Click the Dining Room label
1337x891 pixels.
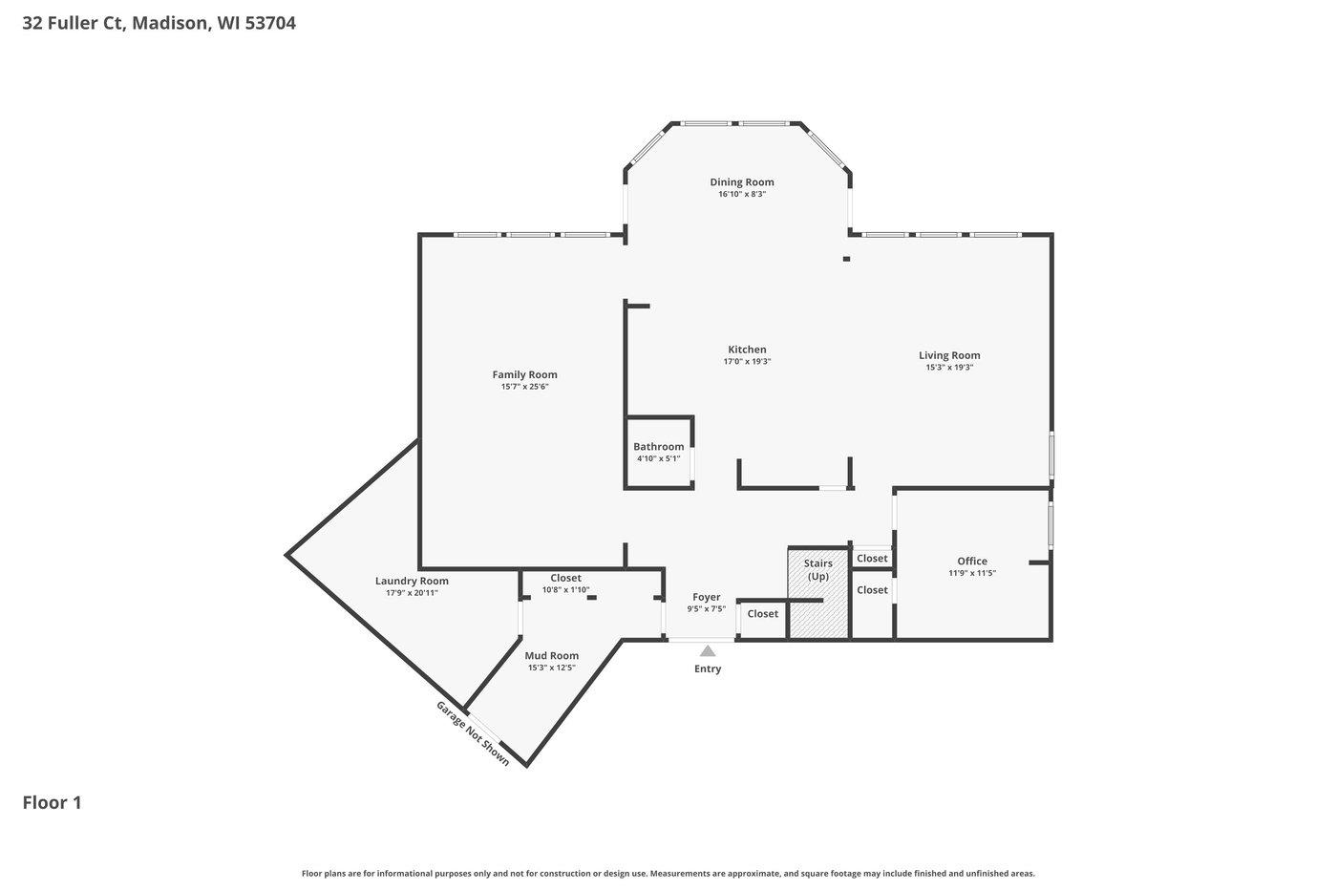coord(741,182)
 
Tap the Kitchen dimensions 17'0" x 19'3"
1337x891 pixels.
coord(747,362)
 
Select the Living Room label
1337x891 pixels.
coord(949,355)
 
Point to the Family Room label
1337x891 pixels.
coord(524,374)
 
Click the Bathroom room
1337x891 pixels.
coord(659,453)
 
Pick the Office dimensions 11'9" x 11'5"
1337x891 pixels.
coord(972,573)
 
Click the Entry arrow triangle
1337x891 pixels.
coord(708,650)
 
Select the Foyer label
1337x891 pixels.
coord(707,597)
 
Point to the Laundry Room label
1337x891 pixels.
coord(412,581)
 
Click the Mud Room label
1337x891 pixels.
coord(552,655)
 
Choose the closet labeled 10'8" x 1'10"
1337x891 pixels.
coord(566,583)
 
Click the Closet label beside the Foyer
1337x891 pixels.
coord(762,614)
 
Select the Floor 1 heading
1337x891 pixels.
coord(52,802)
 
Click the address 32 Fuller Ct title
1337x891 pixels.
coord(159,23)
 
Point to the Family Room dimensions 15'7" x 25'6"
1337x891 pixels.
coord(524,387)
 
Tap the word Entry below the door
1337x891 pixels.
coord(708,669)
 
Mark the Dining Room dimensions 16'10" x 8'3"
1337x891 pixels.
coord(742,194)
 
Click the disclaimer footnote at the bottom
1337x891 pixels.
coord(668,873)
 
